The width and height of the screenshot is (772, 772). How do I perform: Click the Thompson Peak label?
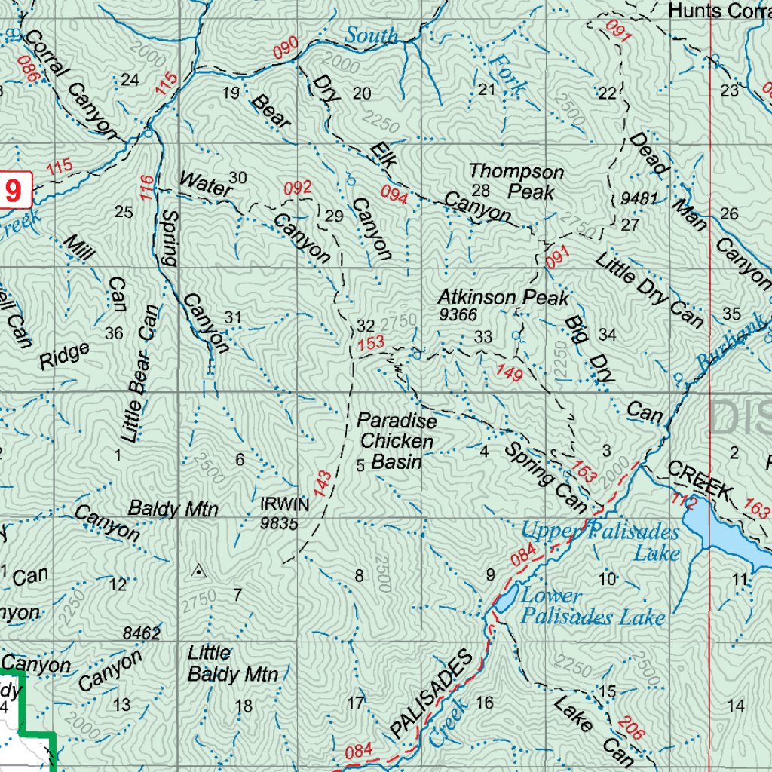(517, 181)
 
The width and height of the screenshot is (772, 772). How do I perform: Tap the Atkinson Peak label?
(504, 298)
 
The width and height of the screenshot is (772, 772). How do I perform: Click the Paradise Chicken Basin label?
(397, 441)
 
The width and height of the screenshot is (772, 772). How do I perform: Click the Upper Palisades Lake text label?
(600, 542)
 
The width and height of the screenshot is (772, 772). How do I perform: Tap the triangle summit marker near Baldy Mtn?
(198, 571)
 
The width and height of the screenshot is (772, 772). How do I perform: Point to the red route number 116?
(146, 187)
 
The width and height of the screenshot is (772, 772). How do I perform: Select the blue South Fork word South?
(372, 35)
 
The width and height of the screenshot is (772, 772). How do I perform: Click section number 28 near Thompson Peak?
(480, 190)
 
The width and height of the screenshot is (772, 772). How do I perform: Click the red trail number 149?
(510, 372)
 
